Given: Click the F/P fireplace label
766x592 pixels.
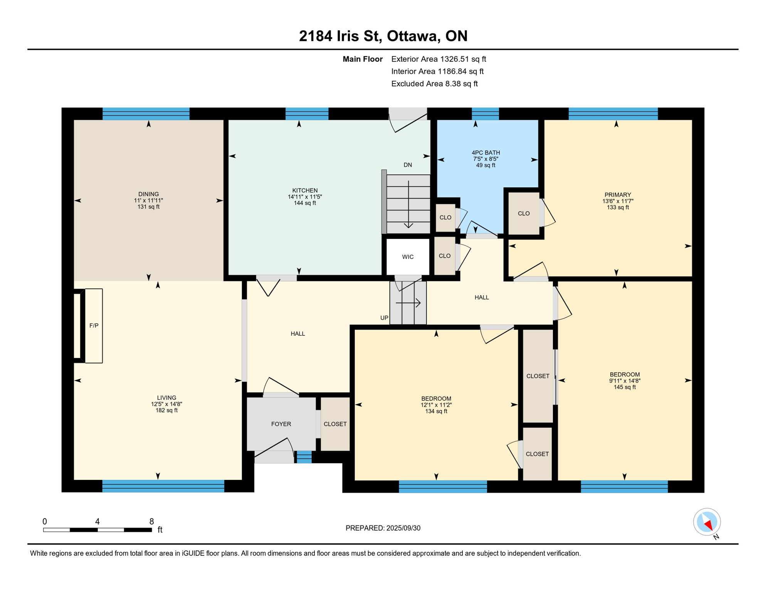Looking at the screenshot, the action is point(94,326).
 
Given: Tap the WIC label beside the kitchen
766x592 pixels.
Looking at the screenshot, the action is point(408,257).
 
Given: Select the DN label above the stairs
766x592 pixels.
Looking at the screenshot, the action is point(408,165).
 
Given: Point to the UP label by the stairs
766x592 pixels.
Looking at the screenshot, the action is point(384,318).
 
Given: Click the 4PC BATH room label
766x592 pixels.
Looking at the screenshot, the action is point(485,153).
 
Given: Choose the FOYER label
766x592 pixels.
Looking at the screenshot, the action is point(281,424).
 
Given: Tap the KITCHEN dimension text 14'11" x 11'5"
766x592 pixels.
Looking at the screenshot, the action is point(305,197).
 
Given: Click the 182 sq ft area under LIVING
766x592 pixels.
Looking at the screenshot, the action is point(166,410).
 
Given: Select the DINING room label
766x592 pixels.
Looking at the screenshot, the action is point(148,194).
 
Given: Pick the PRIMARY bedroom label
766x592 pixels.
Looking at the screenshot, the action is point(618,195).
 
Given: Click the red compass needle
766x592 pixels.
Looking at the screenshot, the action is point(708,524).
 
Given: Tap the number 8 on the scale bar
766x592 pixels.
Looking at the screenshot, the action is point(152,521).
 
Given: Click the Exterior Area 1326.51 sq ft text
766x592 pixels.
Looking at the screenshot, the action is point(438,59).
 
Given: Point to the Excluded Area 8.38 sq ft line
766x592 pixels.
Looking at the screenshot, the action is point(434,84).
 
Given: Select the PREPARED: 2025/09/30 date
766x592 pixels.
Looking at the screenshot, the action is point(383,528).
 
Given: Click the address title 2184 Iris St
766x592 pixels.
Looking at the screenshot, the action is point(341,36).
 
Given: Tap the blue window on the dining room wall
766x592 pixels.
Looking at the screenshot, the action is point(146,114).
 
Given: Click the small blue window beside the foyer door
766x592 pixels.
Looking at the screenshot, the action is point(304,457).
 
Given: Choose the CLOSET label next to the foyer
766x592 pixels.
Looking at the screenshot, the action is point(335,424).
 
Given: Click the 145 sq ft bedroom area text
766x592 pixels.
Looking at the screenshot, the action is point(625,387).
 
